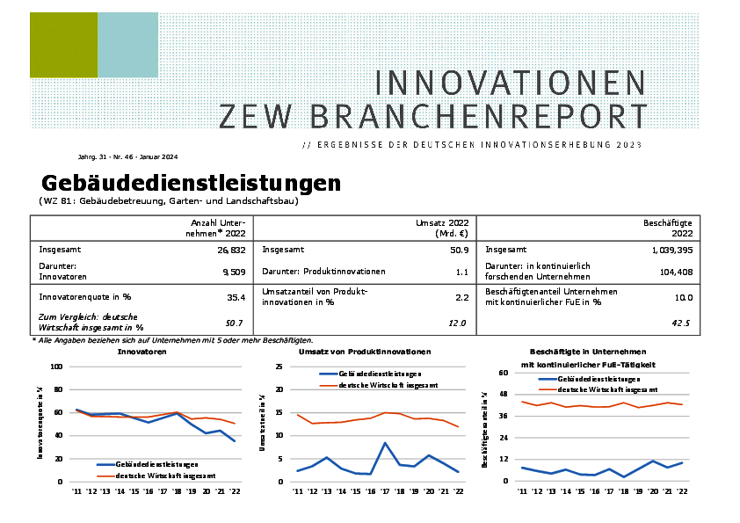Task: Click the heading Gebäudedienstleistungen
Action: click(x=191, y=183)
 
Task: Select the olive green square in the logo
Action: click(x=63, y=46)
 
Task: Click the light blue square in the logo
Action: click(x=127, y=46)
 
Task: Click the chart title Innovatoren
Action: click(x=142, y=352)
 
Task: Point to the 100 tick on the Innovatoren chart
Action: click(x=57, y=367)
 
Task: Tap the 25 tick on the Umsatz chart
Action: click(x=279, y=367)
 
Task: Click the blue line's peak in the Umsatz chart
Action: click(x=385, y=443)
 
